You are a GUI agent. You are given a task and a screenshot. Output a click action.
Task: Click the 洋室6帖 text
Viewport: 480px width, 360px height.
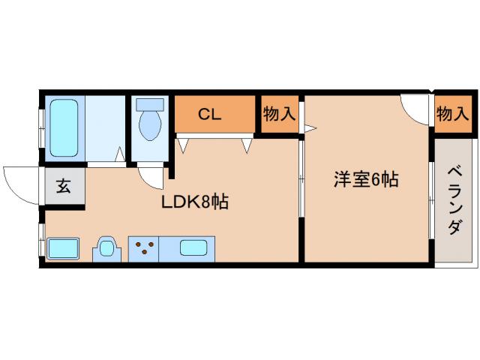point(365,180)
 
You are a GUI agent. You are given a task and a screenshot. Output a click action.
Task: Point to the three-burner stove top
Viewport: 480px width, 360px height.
point(142,247)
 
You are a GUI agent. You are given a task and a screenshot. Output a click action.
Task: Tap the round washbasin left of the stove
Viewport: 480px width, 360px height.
point(106,248)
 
